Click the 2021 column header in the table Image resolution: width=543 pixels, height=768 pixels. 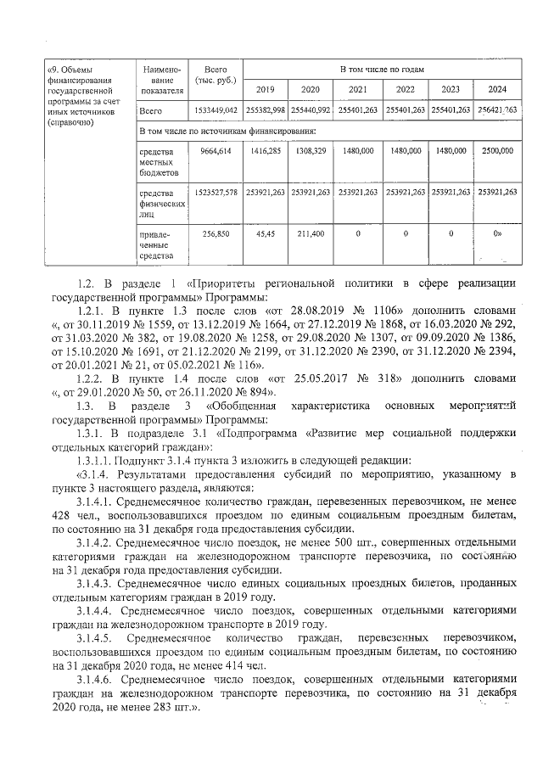(358, 89)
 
